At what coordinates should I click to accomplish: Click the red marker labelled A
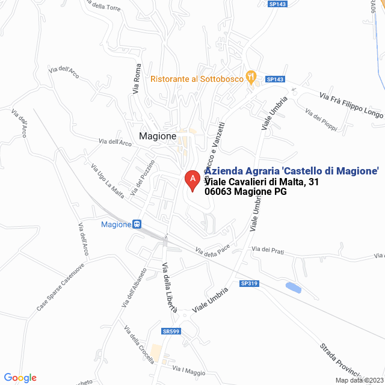pyautogui.click(x=192, y=179)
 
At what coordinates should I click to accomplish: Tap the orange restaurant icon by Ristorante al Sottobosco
pyautogui.click(x=251, y=78)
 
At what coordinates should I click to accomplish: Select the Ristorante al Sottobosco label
pyautogui.click(x=197, y=79)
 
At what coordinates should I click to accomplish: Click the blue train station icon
pyautogui.click(x=137, y=224)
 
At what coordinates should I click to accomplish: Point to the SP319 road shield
pyautogui.click(x=248, y=283)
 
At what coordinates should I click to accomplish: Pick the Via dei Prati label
pyautogui.click(x=268, y=250)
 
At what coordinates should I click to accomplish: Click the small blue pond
pyautogui.click(x=294, y=288)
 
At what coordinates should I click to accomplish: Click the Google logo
pyautogui.click(x=20, y=378)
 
